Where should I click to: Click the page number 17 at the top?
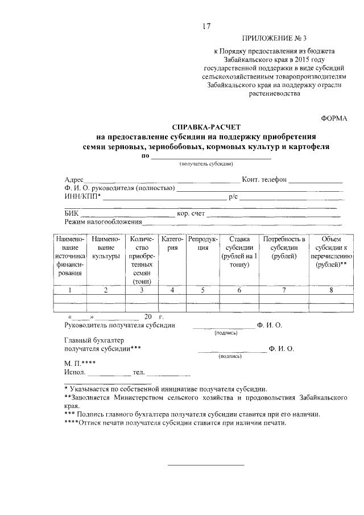coord(206,25)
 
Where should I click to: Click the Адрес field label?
coord(74,180)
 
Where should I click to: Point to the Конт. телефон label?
coord(264,180)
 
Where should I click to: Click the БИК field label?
coord(72,214)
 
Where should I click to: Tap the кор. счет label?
coord(190,214)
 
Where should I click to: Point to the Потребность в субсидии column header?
coord(283,248)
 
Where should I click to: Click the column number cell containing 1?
coord(70,290)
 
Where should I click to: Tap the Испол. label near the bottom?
coord(75,373)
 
